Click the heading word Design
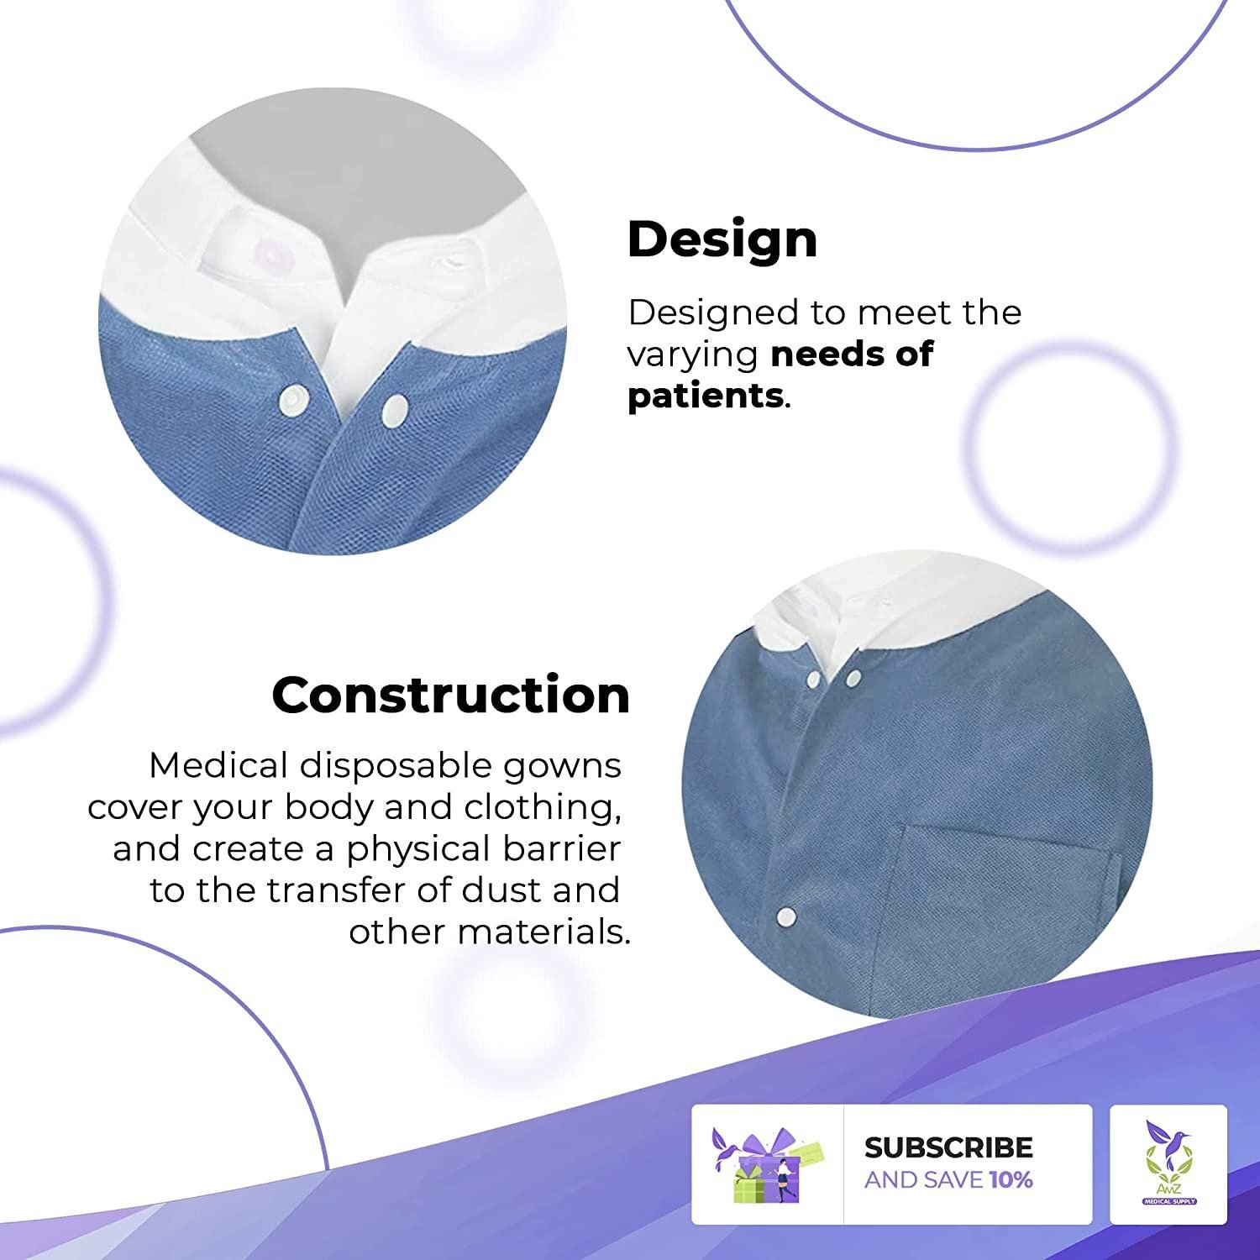tap(722, 239)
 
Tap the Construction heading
tap(451, 696)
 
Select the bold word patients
tap(706, 396)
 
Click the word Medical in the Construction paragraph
tap(219, 765)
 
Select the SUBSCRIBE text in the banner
tap(948, 1147)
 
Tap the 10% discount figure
tap(1011, 1180)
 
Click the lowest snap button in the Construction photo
tap(786, 915)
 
